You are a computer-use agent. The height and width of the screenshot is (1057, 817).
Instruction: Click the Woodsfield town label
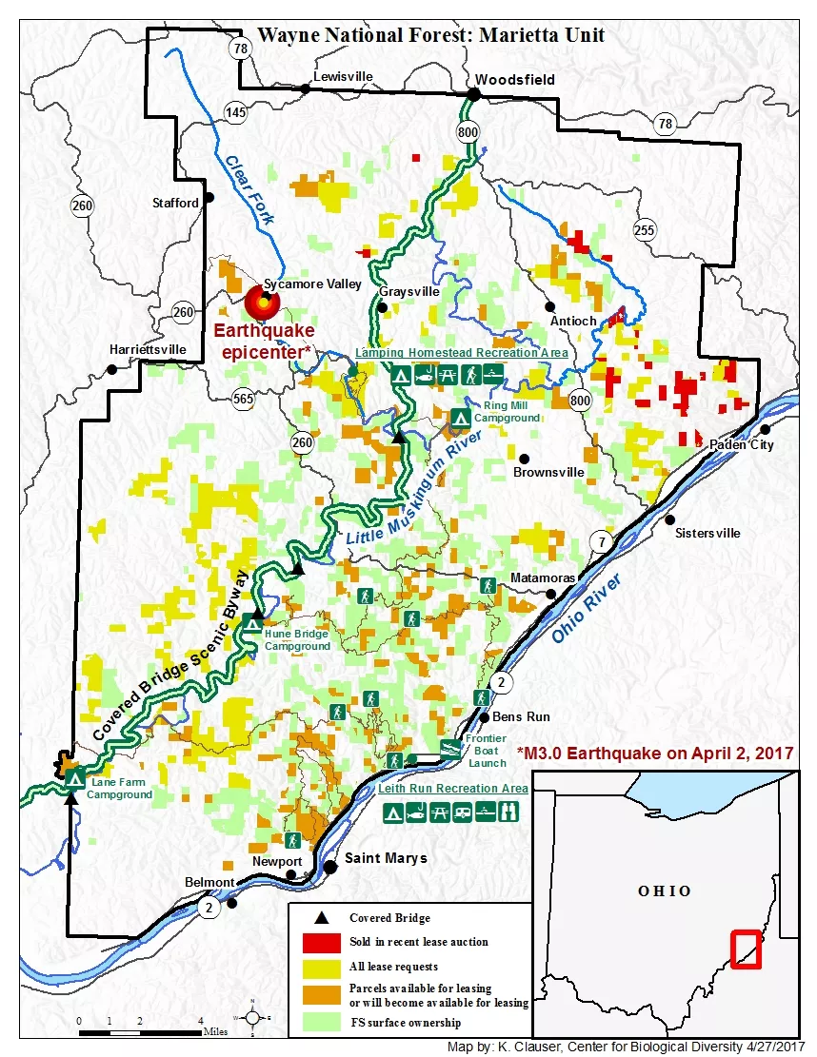[x=515, y=79]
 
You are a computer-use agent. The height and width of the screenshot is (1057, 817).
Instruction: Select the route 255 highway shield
[x=645, y=228]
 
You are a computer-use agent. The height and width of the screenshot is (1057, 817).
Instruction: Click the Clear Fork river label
[x=249, y=189]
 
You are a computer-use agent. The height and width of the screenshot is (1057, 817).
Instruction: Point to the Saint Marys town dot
[x=330, y=867]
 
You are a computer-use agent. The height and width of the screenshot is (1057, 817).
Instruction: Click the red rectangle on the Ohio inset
[x=746, y=948]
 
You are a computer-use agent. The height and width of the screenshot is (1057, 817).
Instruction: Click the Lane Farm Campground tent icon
[x=74, y=776]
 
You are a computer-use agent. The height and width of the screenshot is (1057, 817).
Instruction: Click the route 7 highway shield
[x=601, y=542]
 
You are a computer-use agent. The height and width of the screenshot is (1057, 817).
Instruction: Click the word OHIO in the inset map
[x=665, y=891]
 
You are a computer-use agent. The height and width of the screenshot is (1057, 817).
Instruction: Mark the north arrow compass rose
[x=253, y=1017]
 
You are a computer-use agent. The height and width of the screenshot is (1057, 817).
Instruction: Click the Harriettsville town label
[x=148, y=348]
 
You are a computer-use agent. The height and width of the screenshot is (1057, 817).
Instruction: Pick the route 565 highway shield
[x=243, y=400]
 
